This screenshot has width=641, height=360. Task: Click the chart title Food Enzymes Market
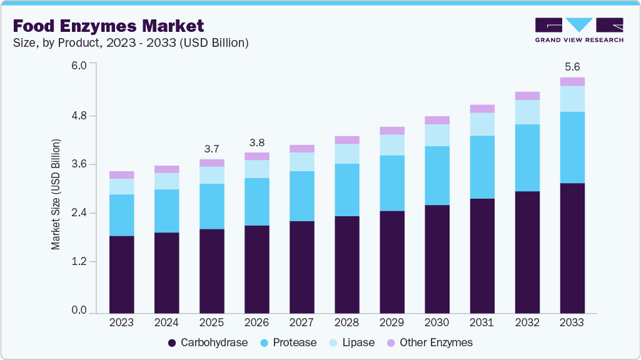click(108, 26)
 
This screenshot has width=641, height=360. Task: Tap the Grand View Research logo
click(578, 30)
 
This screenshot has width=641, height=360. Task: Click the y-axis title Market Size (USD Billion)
click(56, 195)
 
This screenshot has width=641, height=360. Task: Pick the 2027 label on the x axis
click(301, 323)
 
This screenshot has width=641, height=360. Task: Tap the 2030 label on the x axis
click(437, 323)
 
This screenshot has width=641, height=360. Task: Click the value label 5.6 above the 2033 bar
click(572, 66)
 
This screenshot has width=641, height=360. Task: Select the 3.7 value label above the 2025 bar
click(211, 149)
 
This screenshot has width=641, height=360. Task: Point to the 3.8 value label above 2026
click(256, 142)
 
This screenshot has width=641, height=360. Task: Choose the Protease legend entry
click(289, 342)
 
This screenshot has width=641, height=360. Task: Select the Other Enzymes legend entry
click(430, 342)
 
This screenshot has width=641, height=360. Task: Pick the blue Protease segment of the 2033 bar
click(572, 147)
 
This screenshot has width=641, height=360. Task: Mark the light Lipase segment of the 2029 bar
click(391, 145)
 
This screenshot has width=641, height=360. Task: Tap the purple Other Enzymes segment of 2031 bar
click(482, 109)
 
